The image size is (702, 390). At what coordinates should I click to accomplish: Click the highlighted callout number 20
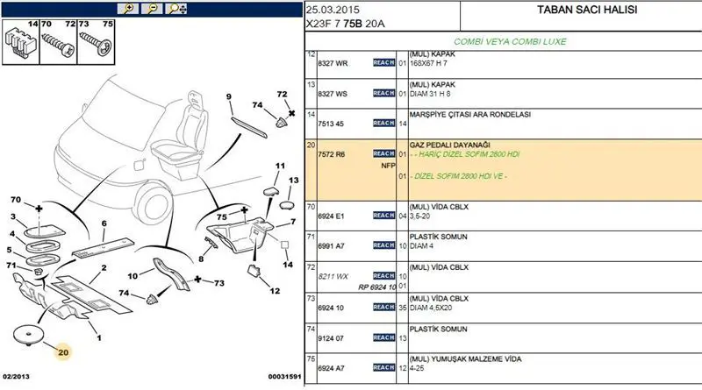coord(63,353)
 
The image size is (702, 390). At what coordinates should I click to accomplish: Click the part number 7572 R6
coord(332,153)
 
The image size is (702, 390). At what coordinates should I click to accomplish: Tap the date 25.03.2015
coord(332,10)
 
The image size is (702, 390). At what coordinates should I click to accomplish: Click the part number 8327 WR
coord(333,63)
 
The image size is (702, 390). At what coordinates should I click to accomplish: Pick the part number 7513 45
coord(331,124)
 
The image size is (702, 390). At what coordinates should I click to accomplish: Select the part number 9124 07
coord(332,337)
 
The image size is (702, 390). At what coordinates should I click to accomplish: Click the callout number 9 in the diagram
coord(228,96)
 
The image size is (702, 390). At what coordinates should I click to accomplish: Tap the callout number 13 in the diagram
coord(294,180)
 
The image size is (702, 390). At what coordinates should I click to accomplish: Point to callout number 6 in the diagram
coord(103,223)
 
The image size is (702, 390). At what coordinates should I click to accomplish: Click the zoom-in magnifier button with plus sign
coord(129,9)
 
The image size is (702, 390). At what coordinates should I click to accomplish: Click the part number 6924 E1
coord(332,215)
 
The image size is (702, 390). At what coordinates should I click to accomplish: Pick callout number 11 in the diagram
coord(281,166)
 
